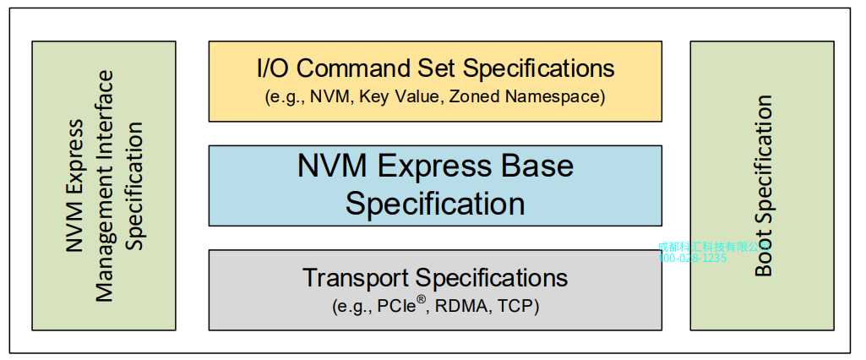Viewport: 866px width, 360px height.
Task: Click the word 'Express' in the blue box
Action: pyautogui.click(x=434, y=166)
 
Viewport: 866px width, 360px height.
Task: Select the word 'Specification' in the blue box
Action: pyautogui.click(x=435, y=204)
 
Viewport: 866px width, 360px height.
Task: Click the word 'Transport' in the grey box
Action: pyautogui.click(x=356, y=277)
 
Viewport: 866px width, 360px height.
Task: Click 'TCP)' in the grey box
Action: pyautogui.click(x=520, y=305)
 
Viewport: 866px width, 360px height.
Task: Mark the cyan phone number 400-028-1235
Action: pyautogui.click(x=692, y=258)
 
